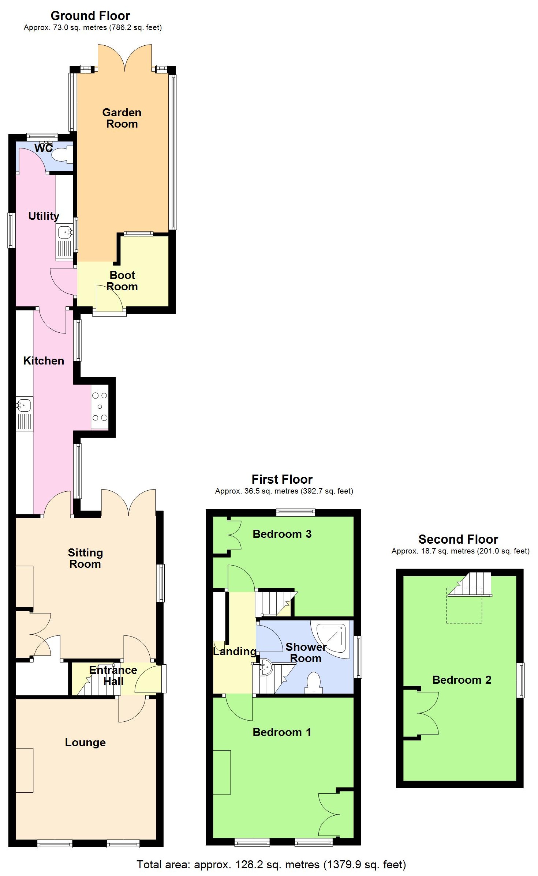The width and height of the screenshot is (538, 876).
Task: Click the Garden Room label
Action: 122,118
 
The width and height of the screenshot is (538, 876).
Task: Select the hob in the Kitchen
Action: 100,407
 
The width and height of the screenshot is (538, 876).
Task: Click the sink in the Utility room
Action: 65,232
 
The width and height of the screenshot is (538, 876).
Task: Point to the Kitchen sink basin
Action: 24,405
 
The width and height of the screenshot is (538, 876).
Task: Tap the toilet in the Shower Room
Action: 314,682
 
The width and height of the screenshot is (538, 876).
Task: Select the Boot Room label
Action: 122,281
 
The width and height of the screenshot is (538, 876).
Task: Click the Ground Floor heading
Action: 90,16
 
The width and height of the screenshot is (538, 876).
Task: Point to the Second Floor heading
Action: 458,539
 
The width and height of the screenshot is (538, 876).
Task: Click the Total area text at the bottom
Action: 271,865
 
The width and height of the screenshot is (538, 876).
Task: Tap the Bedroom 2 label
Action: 462,680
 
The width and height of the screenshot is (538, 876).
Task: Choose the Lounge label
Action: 85,743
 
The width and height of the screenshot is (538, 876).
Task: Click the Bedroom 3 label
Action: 282,534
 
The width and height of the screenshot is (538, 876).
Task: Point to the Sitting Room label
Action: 85,558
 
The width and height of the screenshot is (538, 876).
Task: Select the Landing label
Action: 235,652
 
